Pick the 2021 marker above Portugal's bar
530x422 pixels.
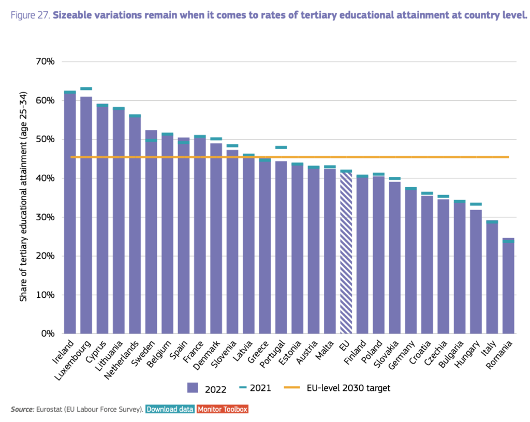pos(281,147)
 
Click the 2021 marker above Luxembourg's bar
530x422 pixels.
pos(86,88)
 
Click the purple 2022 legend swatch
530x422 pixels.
pos(193,388)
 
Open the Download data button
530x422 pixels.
pos(170,409)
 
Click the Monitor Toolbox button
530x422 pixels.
pos(222,409)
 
